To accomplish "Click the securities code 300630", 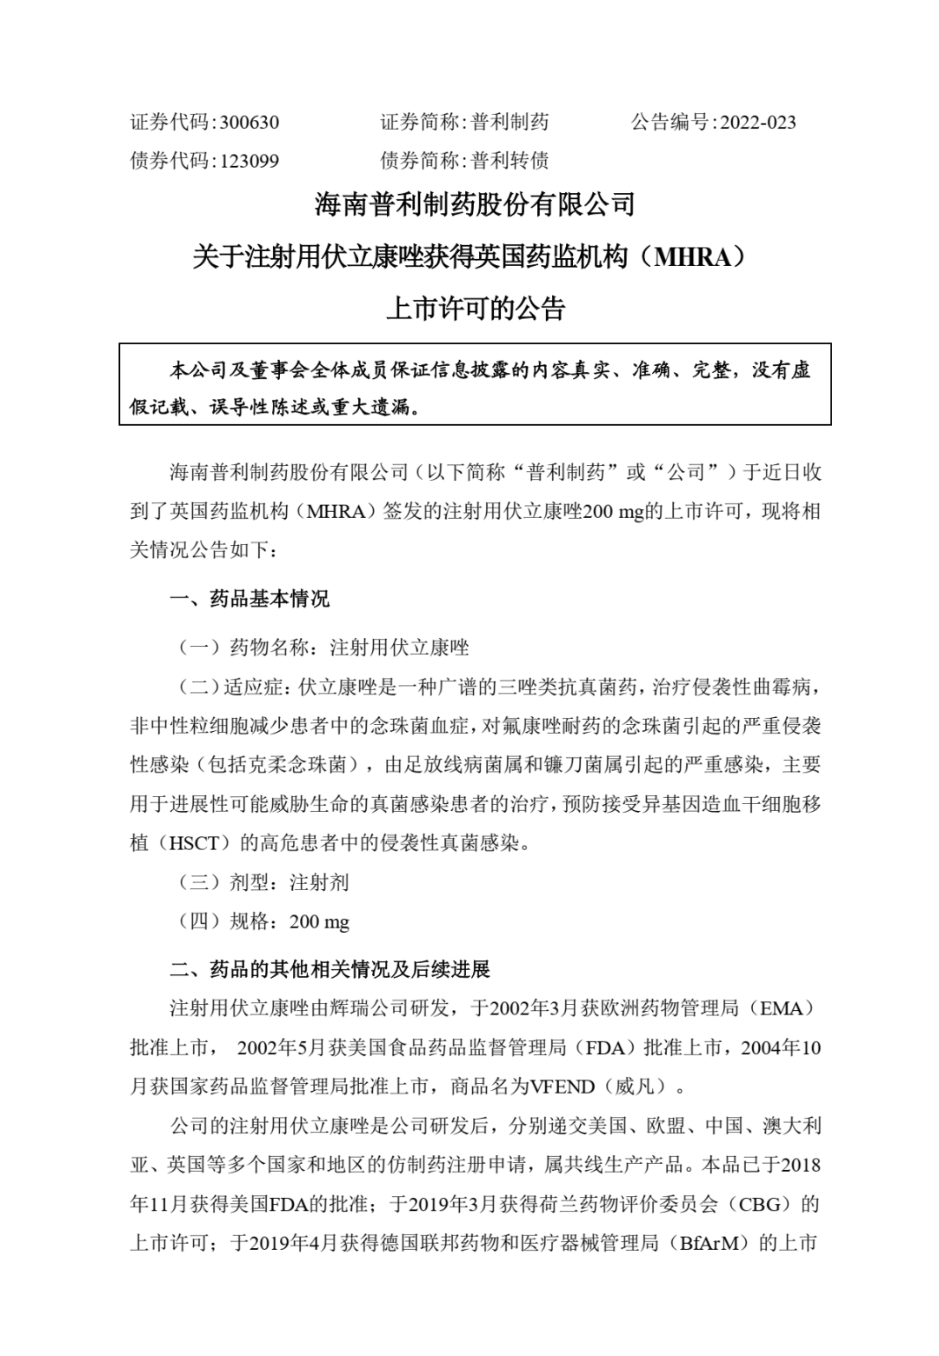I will [249, 123].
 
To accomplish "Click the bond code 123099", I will [249, 161].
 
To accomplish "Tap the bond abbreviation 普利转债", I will [509, 161].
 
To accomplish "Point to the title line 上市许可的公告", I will [475, 309].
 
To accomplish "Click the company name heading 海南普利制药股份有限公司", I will [475, 205].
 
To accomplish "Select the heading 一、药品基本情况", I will [250, 599].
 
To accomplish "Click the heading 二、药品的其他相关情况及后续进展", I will [330, 969].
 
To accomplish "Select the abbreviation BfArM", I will [713, 1244].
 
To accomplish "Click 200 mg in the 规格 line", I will [319, 922].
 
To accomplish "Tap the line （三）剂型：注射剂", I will [263, 883].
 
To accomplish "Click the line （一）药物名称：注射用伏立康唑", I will [323, 648].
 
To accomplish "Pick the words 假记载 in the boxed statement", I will [160, 407].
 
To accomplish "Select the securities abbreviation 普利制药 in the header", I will [509, 123].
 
